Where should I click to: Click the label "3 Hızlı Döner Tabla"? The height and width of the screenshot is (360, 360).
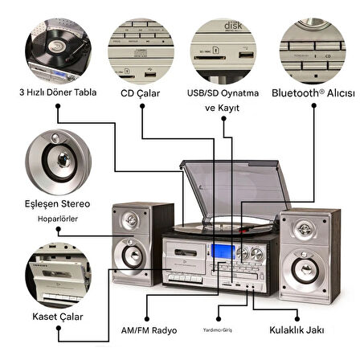tap(58, 92)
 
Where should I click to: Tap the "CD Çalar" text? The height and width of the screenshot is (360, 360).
tap(141, 93)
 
